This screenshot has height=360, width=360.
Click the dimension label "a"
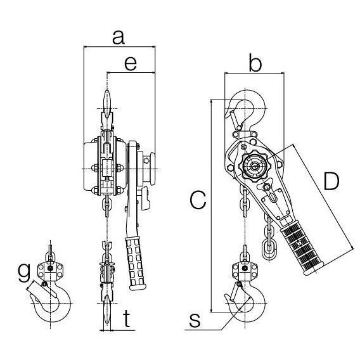click(119, 37)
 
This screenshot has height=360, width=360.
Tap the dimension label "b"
click(255, 62)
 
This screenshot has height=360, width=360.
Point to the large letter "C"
click(198, 200)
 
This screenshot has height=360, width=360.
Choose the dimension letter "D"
click(331, 181)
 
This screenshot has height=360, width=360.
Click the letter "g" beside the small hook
click(24, 273)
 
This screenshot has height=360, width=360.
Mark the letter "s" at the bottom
click(195, 320)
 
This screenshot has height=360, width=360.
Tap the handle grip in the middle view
click(136, 263)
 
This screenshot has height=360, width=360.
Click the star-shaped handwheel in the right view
click(254, 165)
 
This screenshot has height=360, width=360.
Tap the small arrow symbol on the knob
click(146, 160)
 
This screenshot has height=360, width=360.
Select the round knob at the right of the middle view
click(152, 169)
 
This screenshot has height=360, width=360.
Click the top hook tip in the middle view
click(107, 103)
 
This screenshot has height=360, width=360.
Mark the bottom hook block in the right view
click(245, 271)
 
